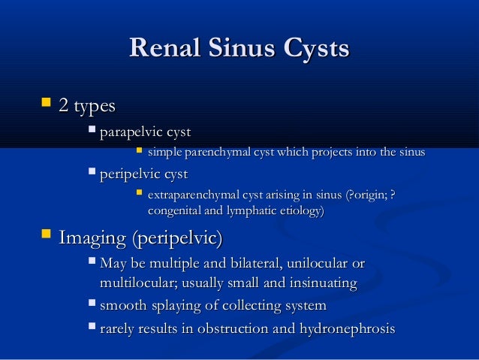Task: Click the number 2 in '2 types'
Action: click(63, 107)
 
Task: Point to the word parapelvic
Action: click(130, 133)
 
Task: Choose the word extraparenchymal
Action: click(197, 197)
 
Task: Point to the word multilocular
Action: click(135, 284)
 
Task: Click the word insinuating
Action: click(318, 284)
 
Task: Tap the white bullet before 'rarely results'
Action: click(92, 328)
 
